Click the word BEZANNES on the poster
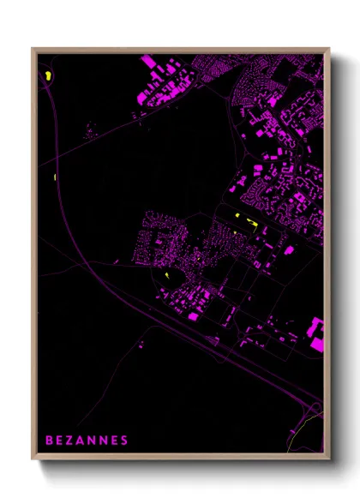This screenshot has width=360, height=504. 87,441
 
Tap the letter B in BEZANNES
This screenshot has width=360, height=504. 49,441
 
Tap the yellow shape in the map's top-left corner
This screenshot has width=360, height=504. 49,75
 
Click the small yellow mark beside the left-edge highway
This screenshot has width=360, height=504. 54,177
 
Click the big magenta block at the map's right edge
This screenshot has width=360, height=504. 317,334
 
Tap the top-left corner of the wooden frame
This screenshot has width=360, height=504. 33,49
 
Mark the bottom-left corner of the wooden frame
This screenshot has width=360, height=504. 33,459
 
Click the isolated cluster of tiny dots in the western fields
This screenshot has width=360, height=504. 89,131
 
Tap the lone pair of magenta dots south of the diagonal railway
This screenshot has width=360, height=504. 142,345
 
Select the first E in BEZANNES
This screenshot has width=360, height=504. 59,441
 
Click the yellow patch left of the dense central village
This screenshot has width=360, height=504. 164,276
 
